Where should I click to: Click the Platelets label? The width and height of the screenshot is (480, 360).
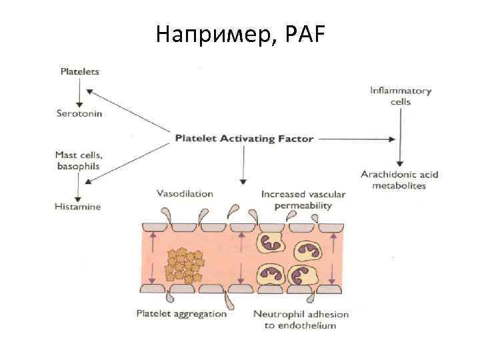tap(80, 71)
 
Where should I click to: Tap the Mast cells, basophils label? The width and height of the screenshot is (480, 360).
tap(79, 159)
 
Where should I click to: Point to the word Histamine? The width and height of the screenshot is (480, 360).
tap(78, 207)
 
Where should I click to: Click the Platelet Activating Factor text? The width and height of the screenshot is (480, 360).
tap(244, 139)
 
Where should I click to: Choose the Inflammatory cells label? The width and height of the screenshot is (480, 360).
tap(400, 96)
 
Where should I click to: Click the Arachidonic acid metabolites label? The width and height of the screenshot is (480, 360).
tap(399, 180)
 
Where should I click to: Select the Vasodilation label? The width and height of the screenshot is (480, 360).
tap(185, 194)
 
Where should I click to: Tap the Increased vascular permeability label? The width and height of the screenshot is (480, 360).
tap(303, 200)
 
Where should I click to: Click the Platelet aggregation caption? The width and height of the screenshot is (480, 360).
tap(181, 313)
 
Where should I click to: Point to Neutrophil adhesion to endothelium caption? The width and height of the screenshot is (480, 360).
tap(301, 319)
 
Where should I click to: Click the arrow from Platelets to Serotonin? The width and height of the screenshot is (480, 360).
tap(79, 92)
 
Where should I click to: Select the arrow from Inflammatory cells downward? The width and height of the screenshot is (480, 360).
tap(400, 137)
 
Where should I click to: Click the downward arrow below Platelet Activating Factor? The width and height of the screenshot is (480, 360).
tap(243, 167)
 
